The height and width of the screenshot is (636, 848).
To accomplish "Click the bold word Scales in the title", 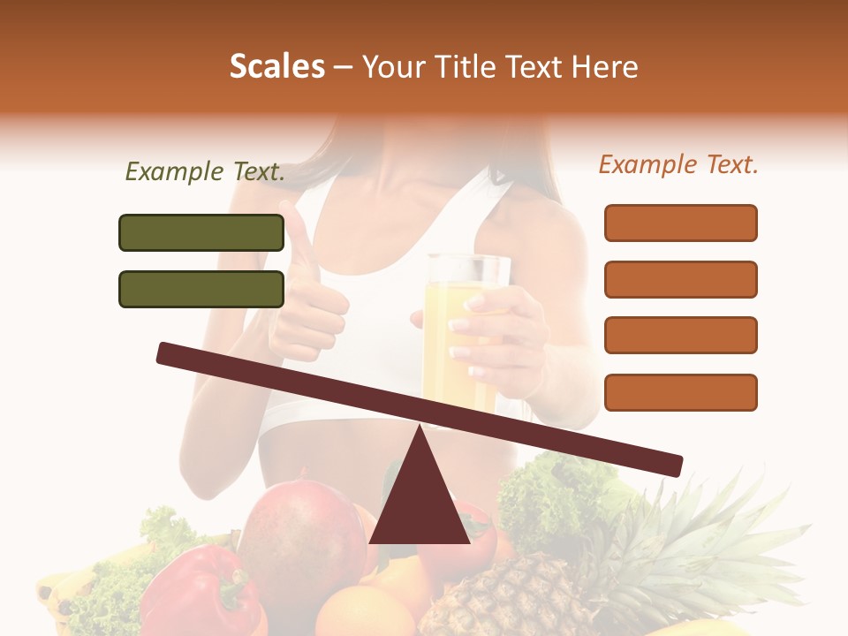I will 277,67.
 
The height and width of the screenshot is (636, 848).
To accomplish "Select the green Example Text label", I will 205,172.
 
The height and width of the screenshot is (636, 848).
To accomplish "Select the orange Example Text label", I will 678,164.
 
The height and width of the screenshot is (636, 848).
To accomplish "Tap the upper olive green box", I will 201,232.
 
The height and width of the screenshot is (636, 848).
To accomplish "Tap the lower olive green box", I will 201,289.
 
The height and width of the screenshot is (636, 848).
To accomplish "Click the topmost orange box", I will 681,223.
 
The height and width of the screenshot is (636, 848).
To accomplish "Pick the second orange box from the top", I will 681,279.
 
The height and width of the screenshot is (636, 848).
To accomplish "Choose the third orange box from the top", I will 681,336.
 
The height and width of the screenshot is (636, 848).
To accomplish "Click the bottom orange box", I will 681,392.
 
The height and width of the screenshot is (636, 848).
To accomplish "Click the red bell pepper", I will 199,592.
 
